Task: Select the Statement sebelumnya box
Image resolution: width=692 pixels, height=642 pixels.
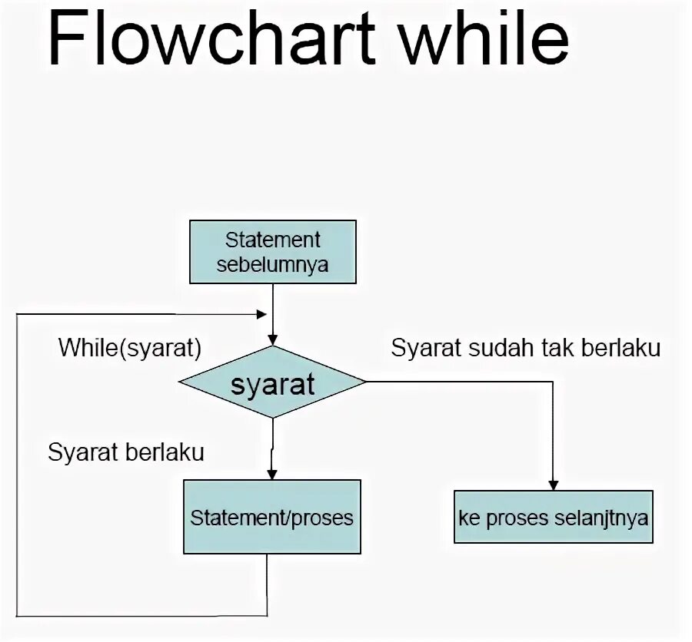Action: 272,252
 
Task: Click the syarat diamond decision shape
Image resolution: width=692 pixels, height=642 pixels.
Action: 272,382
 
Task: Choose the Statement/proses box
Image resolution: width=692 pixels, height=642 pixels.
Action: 271,517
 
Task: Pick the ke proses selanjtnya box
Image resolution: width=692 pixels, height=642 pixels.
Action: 553,517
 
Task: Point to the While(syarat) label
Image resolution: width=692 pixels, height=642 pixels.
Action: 130,348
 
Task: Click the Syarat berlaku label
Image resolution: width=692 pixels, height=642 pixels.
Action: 126,452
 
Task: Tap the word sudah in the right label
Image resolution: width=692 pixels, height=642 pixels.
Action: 499,348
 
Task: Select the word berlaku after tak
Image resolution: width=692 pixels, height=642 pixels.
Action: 621,348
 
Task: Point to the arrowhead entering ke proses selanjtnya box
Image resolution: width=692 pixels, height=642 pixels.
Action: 553,485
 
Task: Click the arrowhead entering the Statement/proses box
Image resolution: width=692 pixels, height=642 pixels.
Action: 271,475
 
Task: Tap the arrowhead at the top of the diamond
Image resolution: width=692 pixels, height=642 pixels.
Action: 272,339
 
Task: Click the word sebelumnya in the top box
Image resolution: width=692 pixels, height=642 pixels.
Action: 272,265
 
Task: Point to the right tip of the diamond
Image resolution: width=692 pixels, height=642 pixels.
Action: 364,382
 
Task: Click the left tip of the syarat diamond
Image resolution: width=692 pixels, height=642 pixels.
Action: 181,382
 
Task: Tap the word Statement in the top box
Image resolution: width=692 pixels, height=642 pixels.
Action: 272,240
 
